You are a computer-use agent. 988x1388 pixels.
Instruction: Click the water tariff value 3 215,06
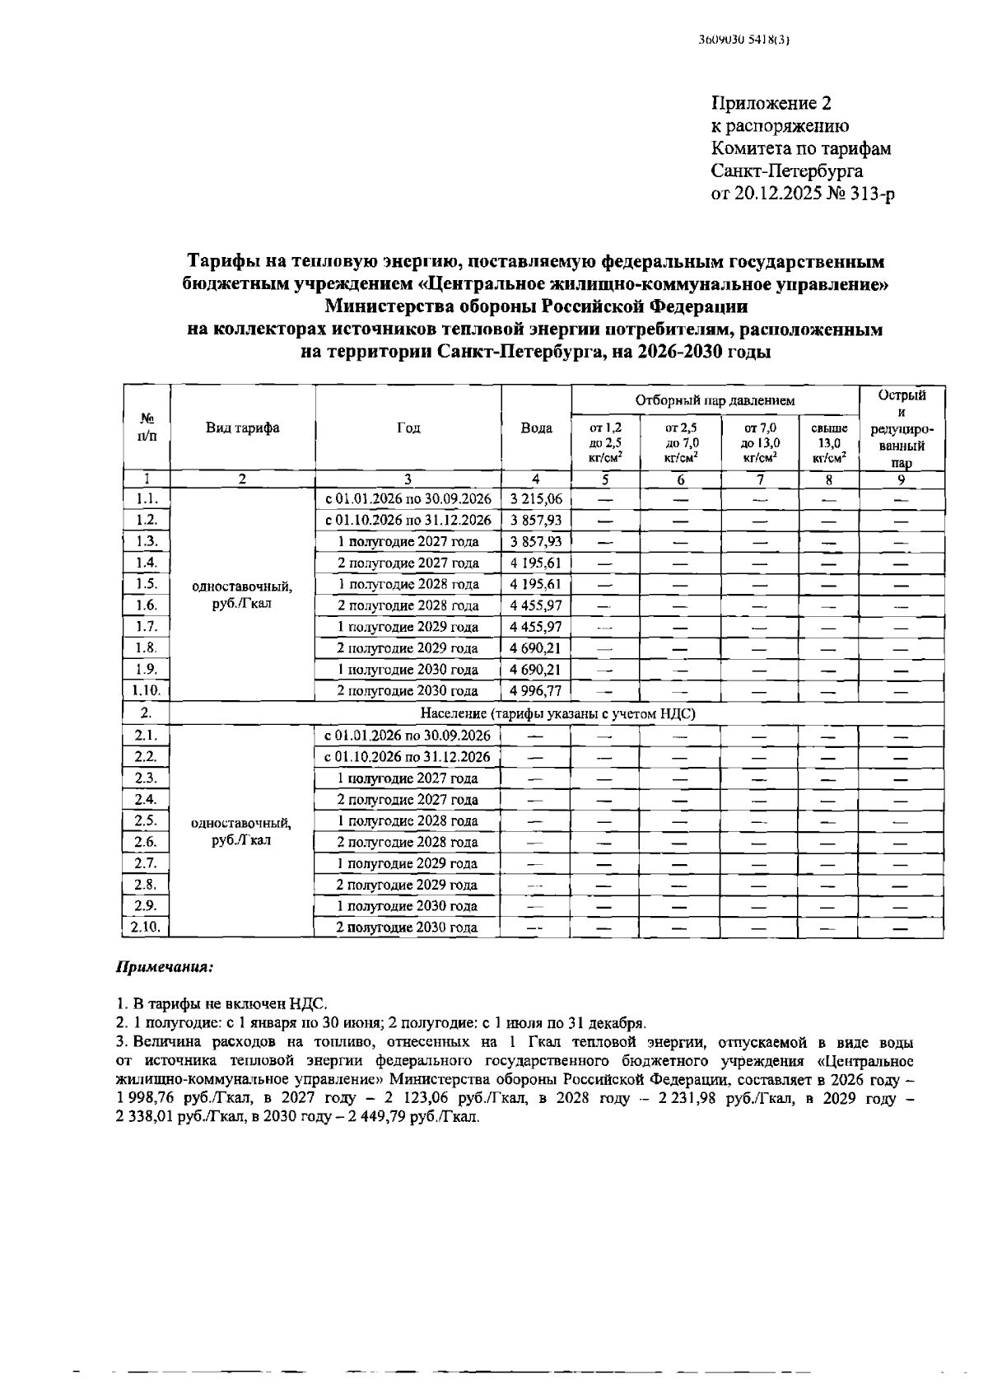click(x=535, y=499)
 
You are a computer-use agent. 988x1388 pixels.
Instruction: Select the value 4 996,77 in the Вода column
click(x=535, y=691)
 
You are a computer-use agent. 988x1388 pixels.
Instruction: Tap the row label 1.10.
click(x=147, y=691)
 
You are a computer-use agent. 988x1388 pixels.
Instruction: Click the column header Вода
click(x=536, y=428)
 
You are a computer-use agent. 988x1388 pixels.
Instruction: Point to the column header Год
click(x=408, y=428)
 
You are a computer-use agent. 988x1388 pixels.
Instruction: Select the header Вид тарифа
click(x=242, y=428)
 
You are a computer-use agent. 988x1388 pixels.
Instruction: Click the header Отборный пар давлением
click(x=715, y=400)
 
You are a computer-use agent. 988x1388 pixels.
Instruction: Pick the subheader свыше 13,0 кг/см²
click(x=829, y=443)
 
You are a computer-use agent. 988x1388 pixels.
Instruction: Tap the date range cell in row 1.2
click(x=408, y=521)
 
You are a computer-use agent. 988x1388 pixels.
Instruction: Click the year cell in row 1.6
click(x=408, y=605)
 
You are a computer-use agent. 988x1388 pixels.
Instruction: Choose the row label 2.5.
click(x=147, y=820)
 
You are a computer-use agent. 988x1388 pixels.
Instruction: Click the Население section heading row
click(x=557, y=713)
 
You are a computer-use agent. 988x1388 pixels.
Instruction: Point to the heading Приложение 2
click(x=771, y=104)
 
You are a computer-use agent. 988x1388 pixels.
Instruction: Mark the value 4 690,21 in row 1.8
click(x=535, y=648)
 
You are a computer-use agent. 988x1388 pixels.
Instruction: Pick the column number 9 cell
click(x=902, y=479)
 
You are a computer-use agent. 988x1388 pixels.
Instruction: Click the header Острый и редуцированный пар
click(x=902, y=428)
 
